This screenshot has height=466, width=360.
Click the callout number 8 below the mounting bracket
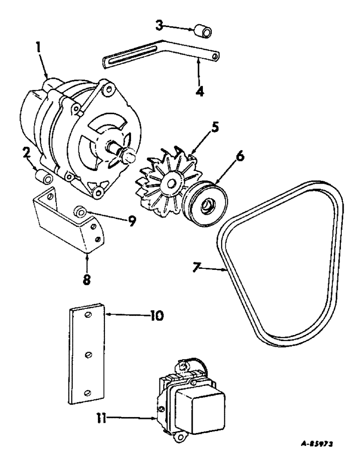[87, 280]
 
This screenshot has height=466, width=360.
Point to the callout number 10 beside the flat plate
[156, 315]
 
